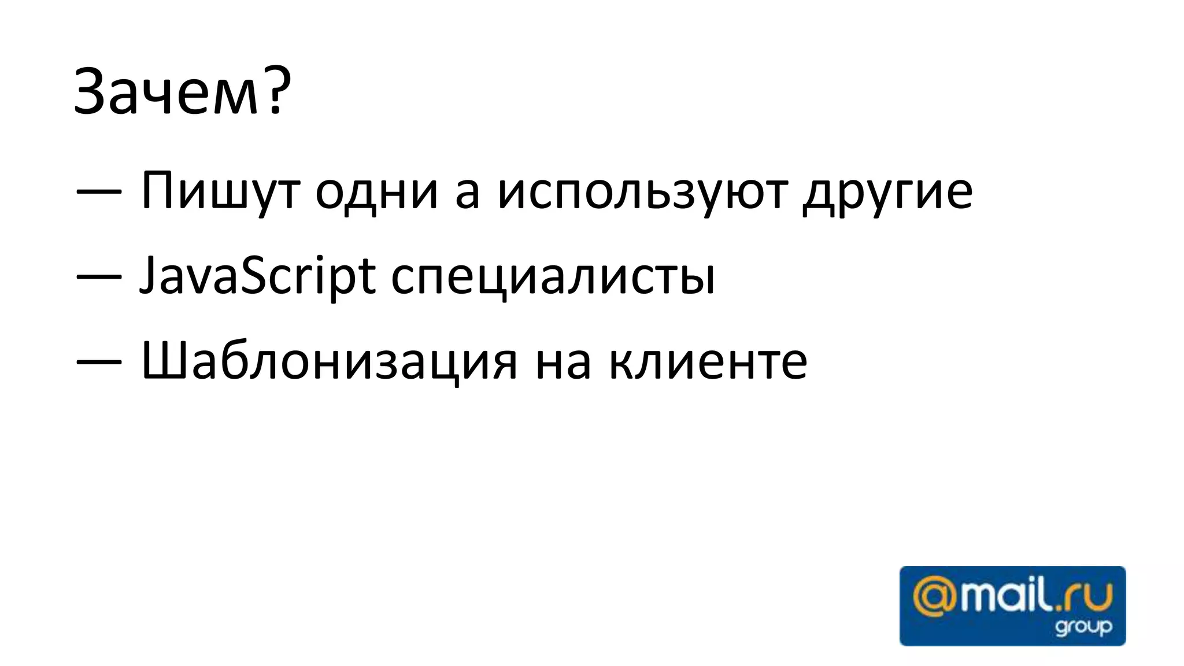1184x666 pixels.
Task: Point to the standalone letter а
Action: tap(467, 193)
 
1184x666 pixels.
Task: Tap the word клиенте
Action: tap(708, 362)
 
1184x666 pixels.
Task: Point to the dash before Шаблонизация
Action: tap(99, 362)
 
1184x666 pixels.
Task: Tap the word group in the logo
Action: tap(1083, 627)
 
